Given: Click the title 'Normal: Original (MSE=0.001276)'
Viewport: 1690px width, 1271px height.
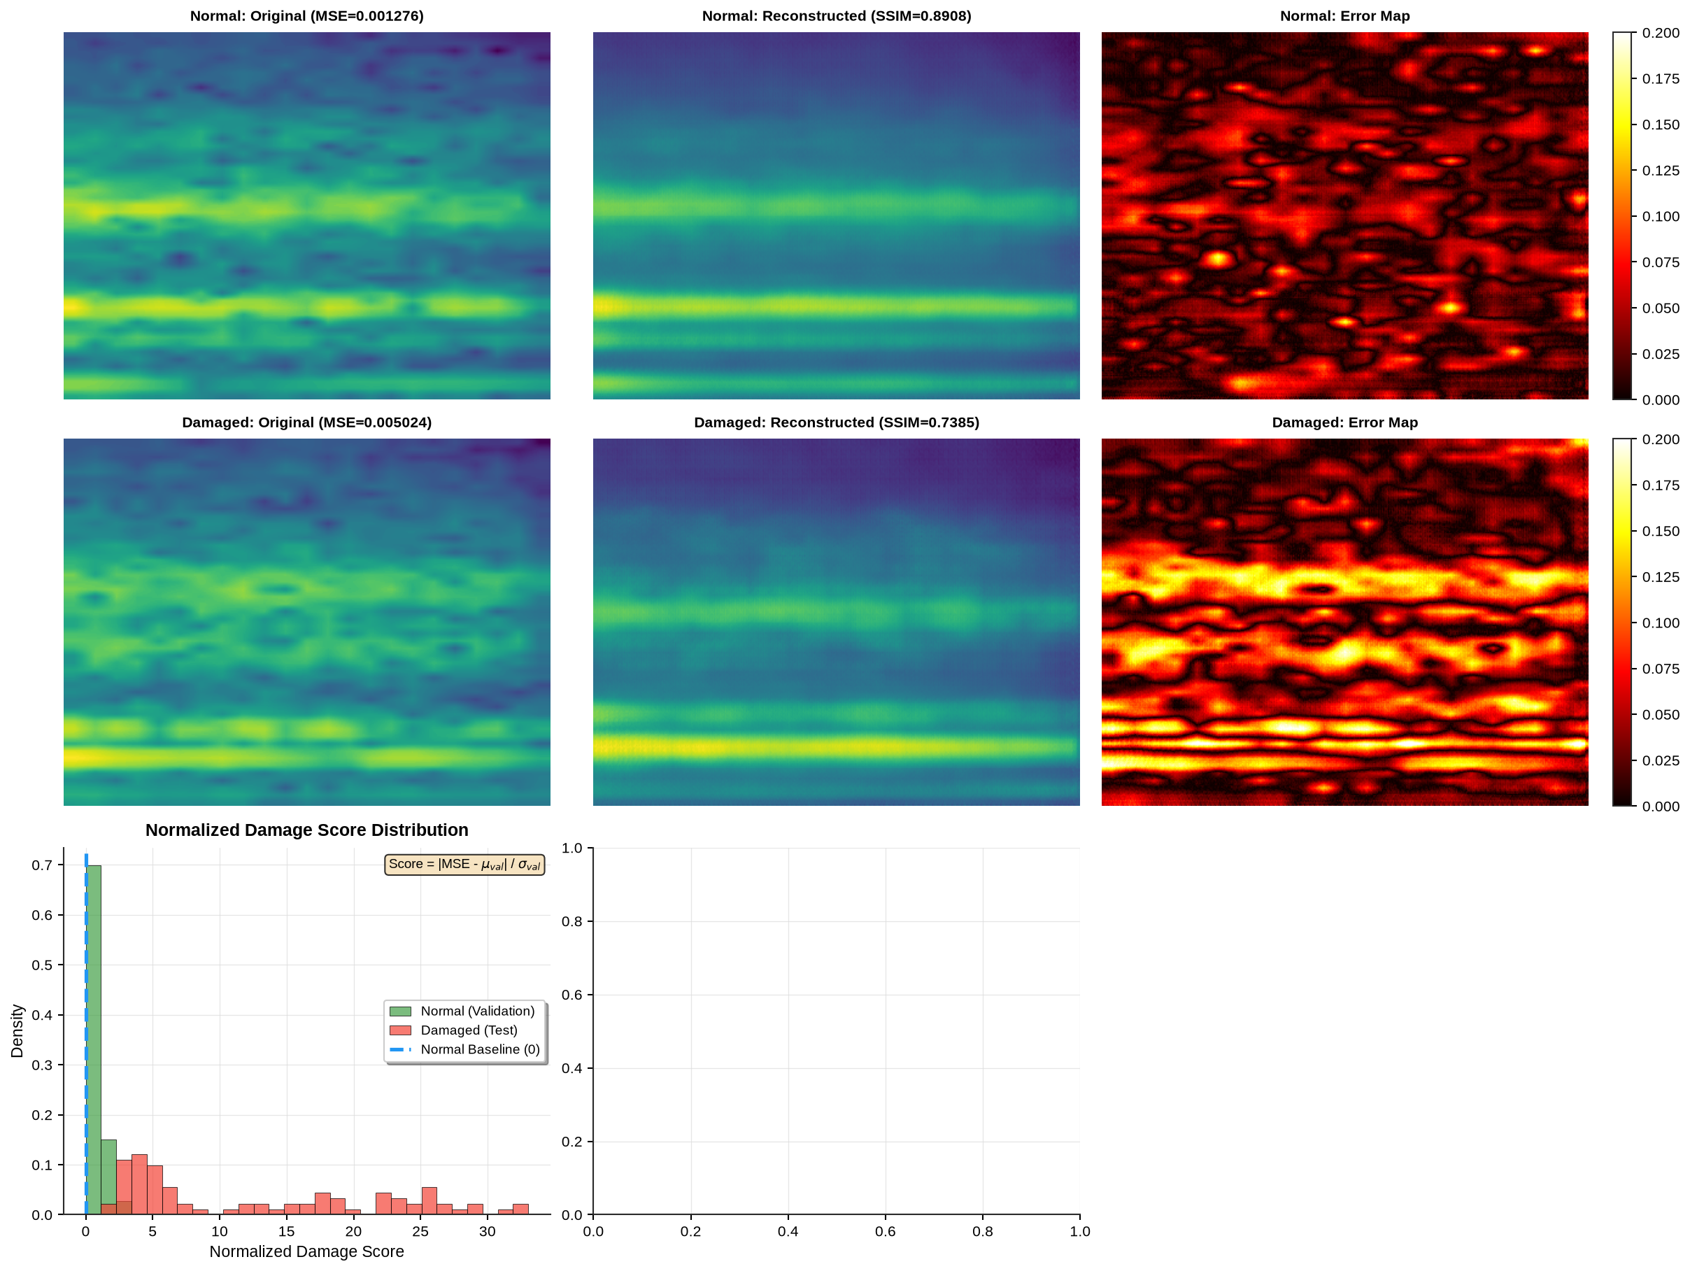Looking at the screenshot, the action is [x=306, y=16].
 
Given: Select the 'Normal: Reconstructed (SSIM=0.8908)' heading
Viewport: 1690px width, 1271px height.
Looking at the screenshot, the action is [x=837, y=16].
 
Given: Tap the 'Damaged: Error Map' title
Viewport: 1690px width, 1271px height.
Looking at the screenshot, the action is [x=1344, y=423].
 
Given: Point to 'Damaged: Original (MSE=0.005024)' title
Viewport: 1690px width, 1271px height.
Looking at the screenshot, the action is [x=306, y=423].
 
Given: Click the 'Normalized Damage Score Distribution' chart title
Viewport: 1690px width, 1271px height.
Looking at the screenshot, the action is [x=306, y=830].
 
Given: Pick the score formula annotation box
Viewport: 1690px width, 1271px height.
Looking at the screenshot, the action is [x=464, y=864].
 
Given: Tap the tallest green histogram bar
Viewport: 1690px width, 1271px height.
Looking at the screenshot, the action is [x=93, y=1039].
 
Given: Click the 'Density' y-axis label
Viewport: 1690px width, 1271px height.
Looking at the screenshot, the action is [x=17, y=1031].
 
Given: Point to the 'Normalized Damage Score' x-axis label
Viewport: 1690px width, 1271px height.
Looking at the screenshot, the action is [x=306, y=1251].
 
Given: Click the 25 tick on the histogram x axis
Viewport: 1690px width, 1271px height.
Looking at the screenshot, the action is [x=420, y=1231].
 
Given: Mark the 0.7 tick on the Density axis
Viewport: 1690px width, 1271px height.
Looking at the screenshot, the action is [x=42, y=865].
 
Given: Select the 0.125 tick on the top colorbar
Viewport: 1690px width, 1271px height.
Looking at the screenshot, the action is [x=1661, y=171].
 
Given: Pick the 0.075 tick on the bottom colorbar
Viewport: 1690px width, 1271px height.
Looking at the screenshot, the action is [x=1661, y=668].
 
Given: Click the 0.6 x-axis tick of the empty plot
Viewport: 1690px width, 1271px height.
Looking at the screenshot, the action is [x=886, y=1231].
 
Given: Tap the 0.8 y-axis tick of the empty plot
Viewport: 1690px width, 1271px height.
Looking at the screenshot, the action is [x=572, y=921].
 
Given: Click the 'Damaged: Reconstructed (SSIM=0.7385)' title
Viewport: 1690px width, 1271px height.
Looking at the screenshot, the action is [x=837, y=423].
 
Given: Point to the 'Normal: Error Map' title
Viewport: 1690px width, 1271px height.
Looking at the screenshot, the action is [x=1344, y=16].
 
